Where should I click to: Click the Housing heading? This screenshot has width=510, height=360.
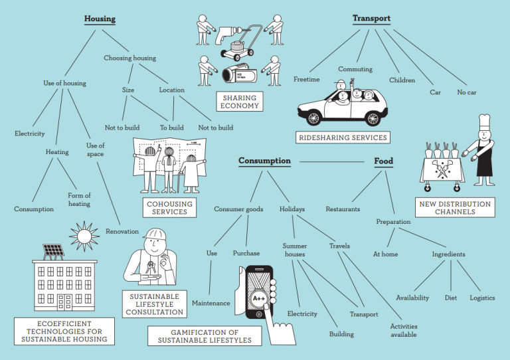point(100,19)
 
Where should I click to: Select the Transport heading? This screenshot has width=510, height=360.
point(371,19)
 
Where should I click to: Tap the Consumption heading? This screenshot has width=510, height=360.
point(264,161)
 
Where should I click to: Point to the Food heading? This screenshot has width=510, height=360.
point(383,161)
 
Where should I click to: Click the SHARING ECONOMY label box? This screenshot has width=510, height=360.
point(240,102)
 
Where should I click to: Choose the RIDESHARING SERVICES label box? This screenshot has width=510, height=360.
point(343,137)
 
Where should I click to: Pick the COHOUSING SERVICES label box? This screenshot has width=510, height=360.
point(169,208)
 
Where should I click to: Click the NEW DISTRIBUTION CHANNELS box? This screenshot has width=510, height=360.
point(454,208)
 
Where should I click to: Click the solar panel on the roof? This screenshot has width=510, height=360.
point(53,251)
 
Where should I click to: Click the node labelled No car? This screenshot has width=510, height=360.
point(467,92)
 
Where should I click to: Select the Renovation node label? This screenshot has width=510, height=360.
point(122,232)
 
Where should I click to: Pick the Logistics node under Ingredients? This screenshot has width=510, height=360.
point(482,298)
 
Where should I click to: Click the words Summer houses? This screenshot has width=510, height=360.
point(294,250)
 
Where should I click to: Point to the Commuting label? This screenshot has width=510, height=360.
point(355,69)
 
